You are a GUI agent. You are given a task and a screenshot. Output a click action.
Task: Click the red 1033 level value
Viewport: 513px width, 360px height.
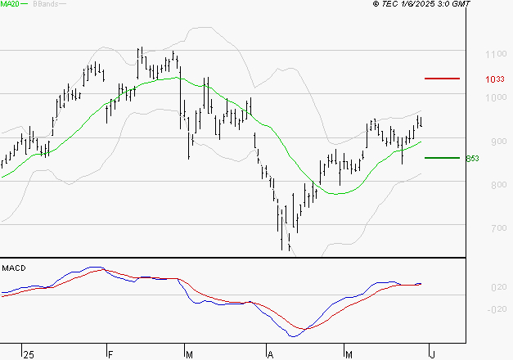click(493, 79)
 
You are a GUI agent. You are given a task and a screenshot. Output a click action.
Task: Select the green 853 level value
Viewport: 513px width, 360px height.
click(471, 158)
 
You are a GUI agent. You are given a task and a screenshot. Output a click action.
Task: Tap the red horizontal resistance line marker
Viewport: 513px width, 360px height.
click(442, 79)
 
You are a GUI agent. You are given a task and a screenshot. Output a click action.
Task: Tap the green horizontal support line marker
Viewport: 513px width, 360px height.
click(442, 157)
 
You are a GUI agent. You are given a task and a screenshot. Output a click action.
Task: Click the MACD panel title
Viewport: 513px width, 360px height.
click(13, 268)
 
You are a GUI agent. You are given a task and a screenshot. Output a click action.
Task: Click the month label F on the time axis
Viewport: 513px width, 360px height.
click(110, 354)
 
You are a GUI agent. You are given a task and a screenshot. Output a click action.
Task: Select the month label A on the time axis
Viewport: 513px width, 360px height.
click(271, 354)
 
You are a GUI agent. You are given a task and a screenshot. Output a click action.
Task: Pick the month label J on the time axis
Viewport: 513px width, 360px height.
click(432, 354)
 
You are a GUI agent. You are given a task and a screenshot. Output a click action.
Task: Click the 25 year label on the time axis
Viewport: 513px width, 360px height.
click(29, 354)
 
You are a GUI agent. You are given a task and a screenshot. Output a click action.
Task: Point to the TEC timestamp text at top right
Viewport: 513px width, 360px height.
click(421, 4)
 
